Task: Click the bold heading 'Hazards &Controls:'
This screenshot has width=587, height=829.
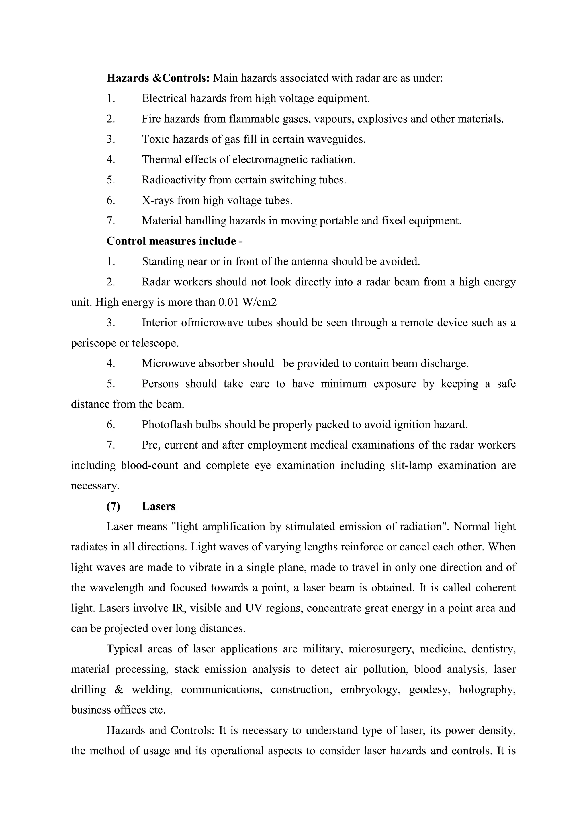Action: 158,78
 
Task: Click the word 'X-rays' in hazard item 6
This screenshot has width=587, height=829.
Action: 158,200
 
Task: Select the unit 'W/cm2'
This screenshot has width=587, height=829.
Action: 259,302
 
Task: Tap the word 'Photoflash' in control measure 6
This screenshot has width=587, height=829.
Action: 167,424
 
